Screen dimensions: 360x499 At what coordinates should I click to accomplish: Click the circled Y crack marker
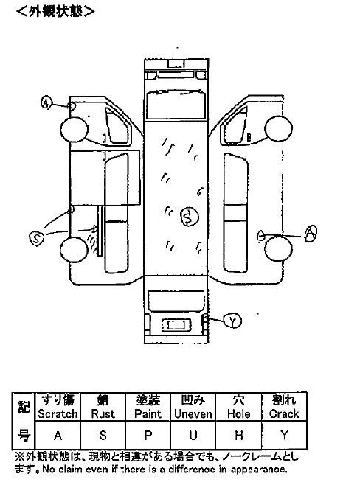(x=232, y=321)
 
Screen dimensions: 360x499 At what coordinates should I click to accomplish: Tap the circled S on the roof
(x=190, y=217)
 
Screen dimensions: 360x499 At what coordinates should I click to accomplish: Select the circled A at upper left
(x=46, y=102)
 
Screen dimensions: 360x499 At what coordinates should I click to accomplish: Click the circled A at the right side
(x=310, y=233)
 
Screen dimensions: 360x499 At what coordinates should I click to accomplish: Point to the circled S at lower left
(x=36, y=238)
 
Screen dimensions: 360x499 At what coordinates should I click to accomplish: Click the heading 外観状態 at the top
(x=55, y=12)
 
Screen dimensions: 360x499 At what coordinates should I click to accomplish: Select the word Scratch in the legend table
(x=58, y=413)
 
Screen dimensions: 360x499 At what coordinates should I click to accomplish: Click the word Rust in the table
(x=103, y=413)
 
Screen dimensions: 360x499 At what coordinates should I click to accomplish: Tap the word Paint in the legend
(x=148, y=413)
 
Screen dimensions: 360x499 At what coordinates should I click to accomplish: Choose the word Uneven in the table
(x=193, y=413)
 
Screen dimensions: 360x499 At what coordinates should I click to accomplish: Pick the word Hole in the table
(x=238, y=413)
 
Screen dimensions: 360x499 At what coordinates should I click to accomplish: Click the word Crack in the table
(x=284, y=413)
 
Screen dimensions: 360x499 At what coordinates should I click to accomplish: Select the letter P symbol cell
(x=148, y=435)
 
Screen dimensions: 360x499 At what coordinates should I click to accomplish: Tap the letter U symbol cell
(x=193, y=435)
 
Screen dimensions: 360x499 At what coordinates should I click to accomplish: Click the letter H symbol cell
(x=238, y=435)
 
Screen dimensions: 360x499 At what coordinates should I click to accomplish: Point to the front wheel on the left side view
(x=74, y=129)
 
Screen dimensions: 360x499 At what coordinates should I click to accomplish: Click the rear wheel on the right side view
(x=278, y=248)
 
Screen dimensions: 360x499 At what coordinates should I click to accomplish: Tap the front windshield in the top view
(x=176, y=104)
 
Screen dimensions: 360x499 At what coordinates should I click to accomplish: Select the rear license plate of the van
(x=176, y=325)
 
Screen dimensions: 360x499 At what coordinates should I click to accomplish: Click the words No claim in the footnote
(x=61, y=469)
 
